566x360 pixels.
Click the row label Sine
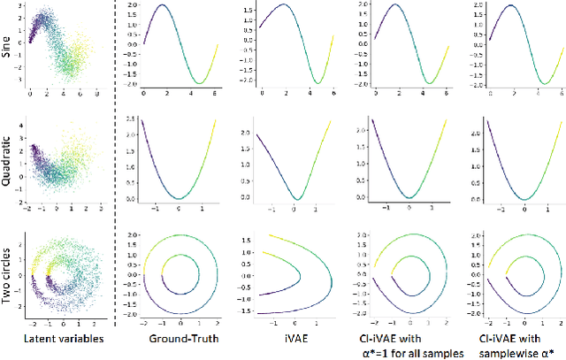(x=8, y=47)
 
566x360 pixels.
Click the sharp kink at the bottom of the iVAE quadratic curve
(x=297, y=198)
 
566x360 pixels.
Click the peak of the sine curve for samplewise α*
(x=507, y=7)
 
